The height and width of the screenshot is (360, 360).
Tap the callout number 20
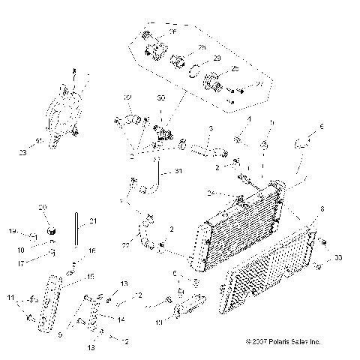(x=43, y=207)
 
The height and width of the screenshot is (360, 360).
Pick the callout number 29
(x=217, y=58)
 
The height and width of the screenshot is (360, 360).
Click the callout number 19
(x=13, y=231)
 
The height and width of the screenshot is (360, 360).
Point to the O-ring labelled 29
(x=194, y=72)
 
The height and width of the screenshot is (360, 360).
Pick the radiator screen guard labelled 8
(x=270, y=270)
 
